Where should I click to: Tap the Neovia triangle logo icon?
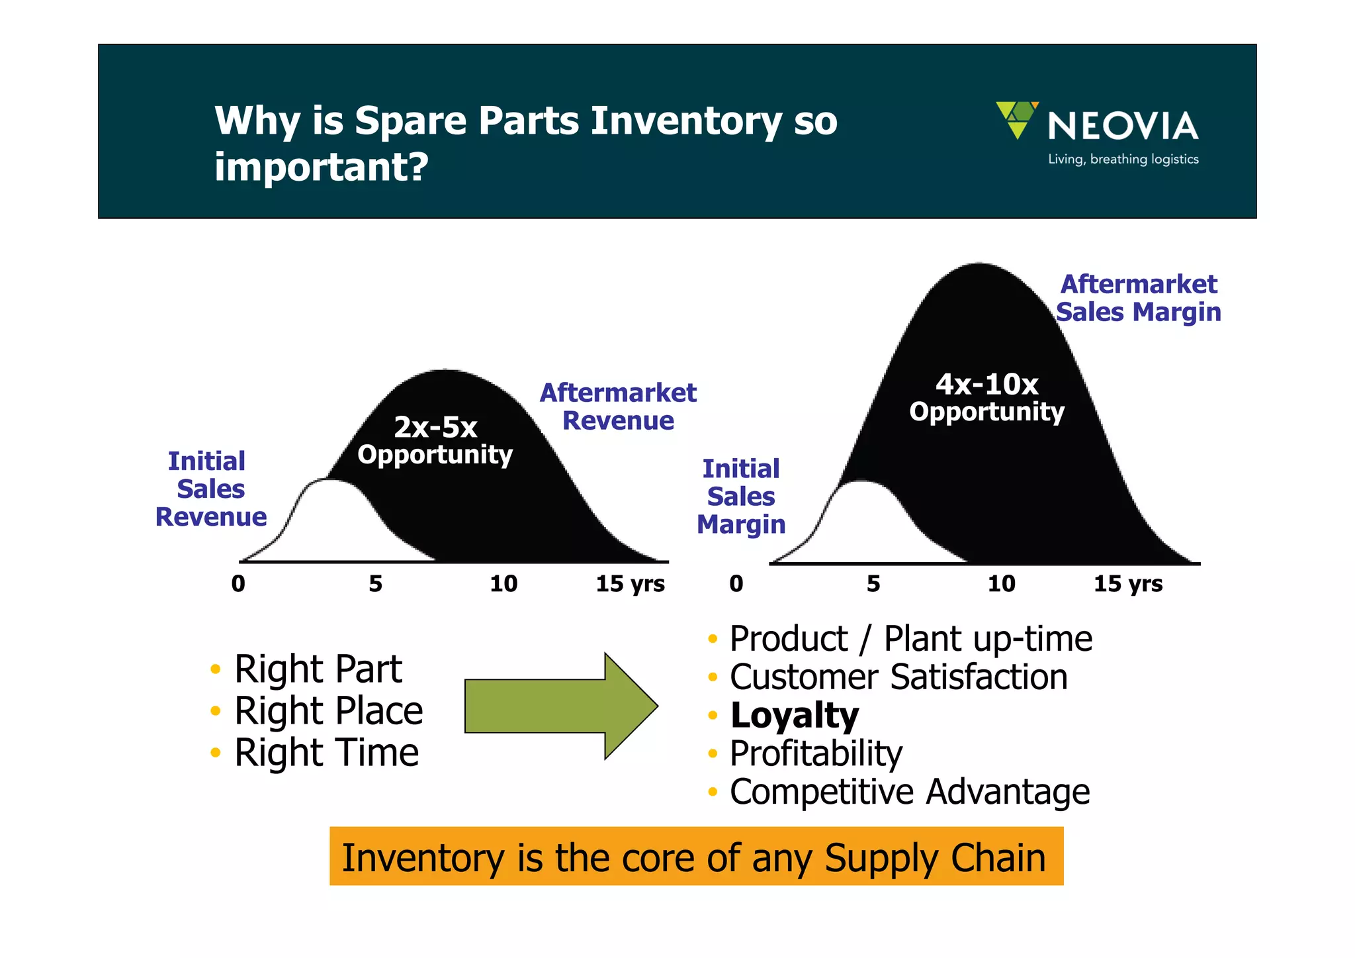coord(1017,119)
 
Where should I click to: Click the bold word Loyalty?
coord(794,716)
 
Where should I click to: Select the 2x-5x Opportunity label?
coord(435,441)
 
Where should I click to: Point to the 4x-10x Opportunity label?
coord(986,398)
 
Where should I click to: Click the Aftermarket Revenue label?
coord(618,407)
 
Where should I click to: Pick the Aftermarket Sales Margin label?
coord(1138,298)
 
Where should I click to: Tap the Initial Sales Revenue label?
coord(210,489)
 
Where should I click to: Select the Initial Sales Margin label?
coord(741,497)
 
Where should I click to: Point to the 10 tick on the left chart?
coord(503,583)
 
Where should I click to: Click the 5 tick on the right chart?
coord(873,583)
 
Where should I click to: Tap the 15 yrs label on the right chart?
coord(1127,583)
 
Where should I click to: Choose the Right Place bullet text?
coord(328,711)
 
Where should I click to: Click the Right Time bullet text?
coord(326,753)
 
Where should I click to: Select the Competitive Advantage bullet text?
coord(909,792)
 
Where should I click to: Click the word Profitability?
coord(816,753)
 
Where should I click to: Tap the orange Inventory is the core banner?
coord(696,857)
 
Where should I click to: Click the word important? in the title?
coord(322,166)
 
